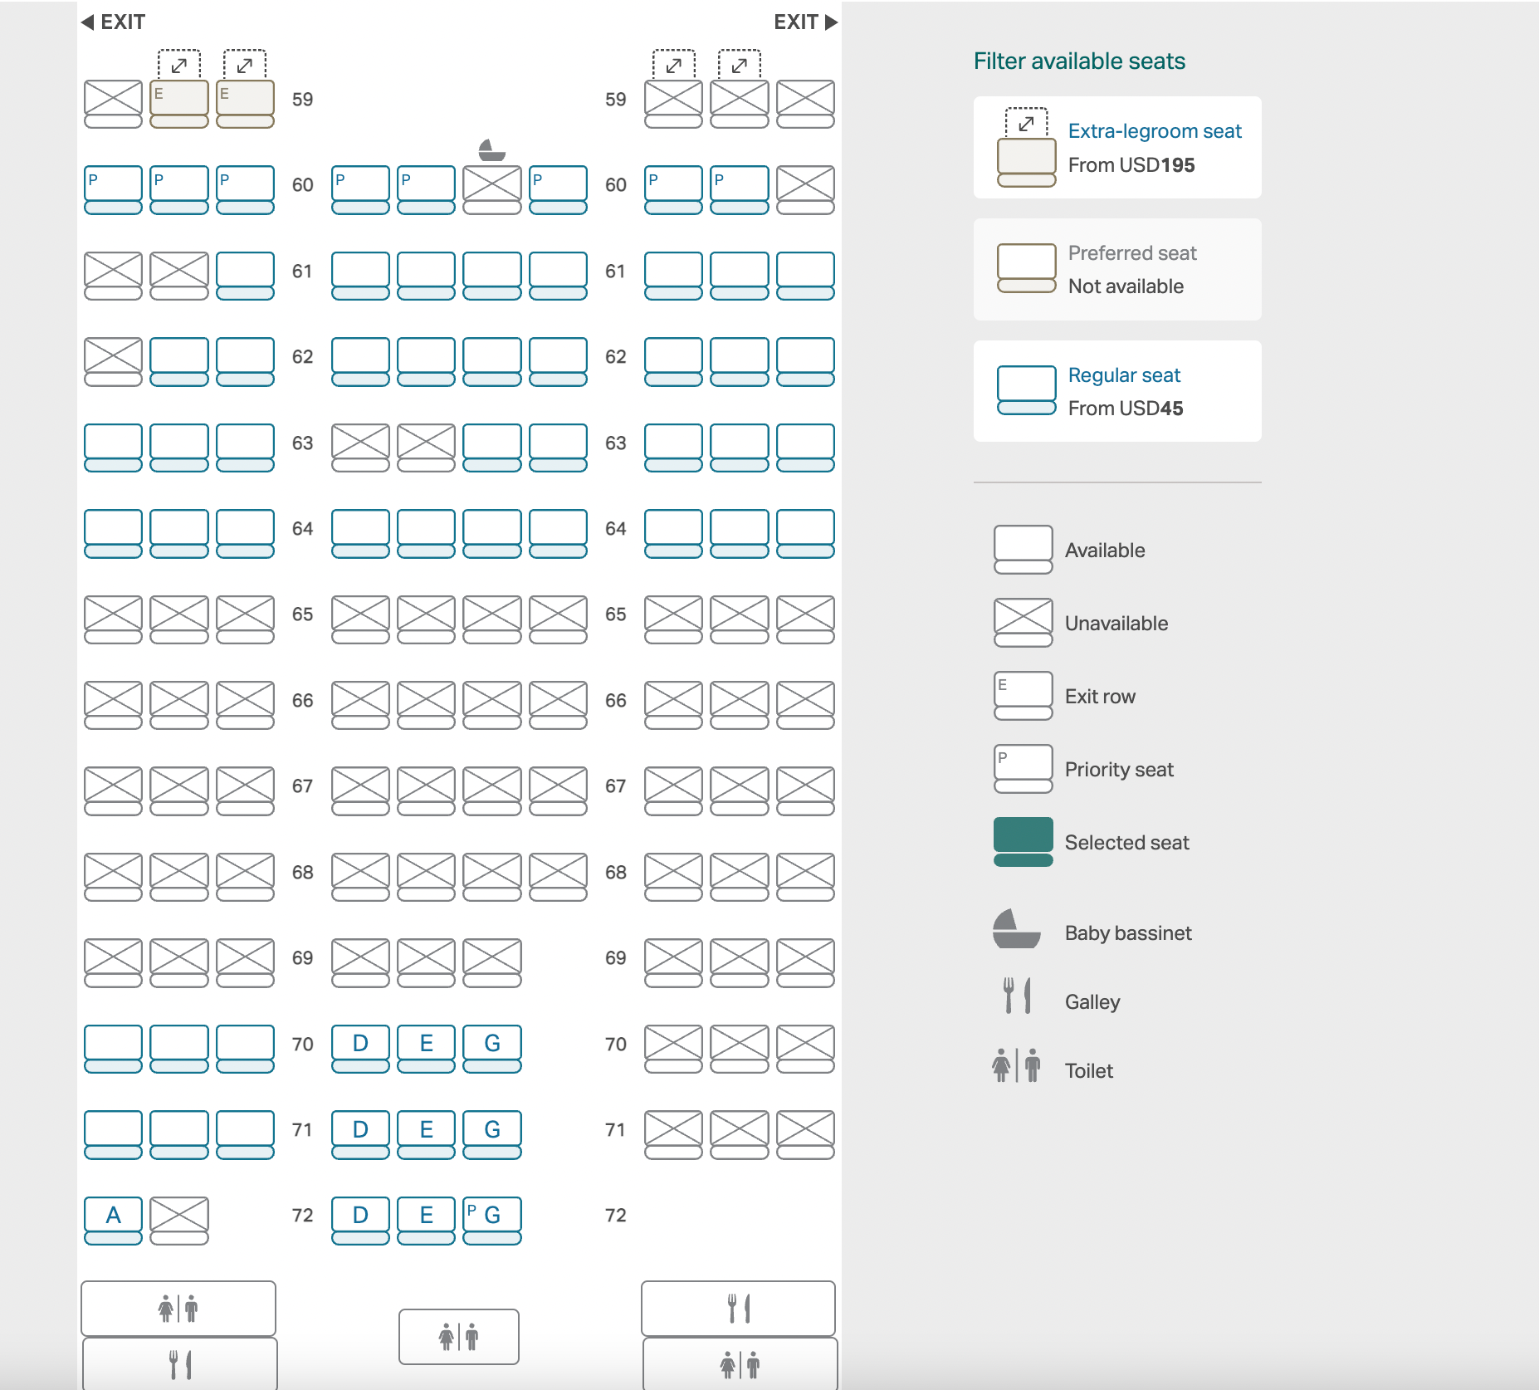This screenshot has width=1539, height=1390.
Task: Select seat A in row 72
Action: [x=113, y=1220]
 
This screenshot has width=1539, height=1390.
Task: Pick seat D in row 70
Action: [x=360, y=1048]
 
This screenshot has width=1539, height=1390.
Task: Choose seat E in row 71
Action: [x=426, y=1134]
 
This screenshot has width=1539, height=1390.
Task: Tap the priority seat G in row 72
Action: [x=492, y=1220]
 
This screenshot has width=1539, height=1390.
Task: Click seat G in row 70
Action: [x=492, y=1048]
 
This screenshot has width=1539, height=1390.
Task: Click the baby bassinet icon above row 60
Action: [x=492, y=149]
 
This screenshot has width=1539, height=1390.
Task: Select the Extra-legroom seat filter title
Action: [x=1155, y=131]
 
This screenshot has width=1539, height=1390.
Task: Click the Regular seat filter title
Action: [x=1124, y=375]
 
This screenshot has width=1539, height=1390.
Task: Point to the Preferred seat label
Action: [x=1132, y=253]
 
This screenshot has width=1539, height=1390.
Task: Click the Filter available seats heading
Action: [x=1079, y=61]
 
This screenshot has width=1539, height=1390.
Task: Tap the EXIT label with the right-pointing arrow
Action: [x=805, y=22]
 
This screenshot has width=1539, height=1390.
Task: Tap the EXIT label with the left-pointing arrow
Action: [x=113, y=22]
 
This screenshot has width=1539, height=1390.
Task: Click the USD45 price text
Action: [x=1151, y=409]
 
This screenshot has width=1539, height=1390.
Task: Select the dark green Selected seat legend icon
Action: [x=1024, y=842]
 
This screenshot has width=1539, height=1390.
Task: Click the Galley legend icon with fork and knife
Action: [x=1017, y=995]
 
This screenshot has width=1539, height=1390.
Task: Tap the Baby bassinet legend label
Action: [x=1128, y=933]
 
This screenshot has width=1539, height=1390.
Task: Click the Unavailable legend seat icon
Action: [x=1024, y=623]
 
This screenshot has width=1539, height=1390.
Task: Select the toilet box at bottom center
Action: [x=459, y=1337]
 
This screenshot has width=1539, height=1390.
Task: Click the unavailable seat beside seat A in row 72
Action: [x=179, y=1220]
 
